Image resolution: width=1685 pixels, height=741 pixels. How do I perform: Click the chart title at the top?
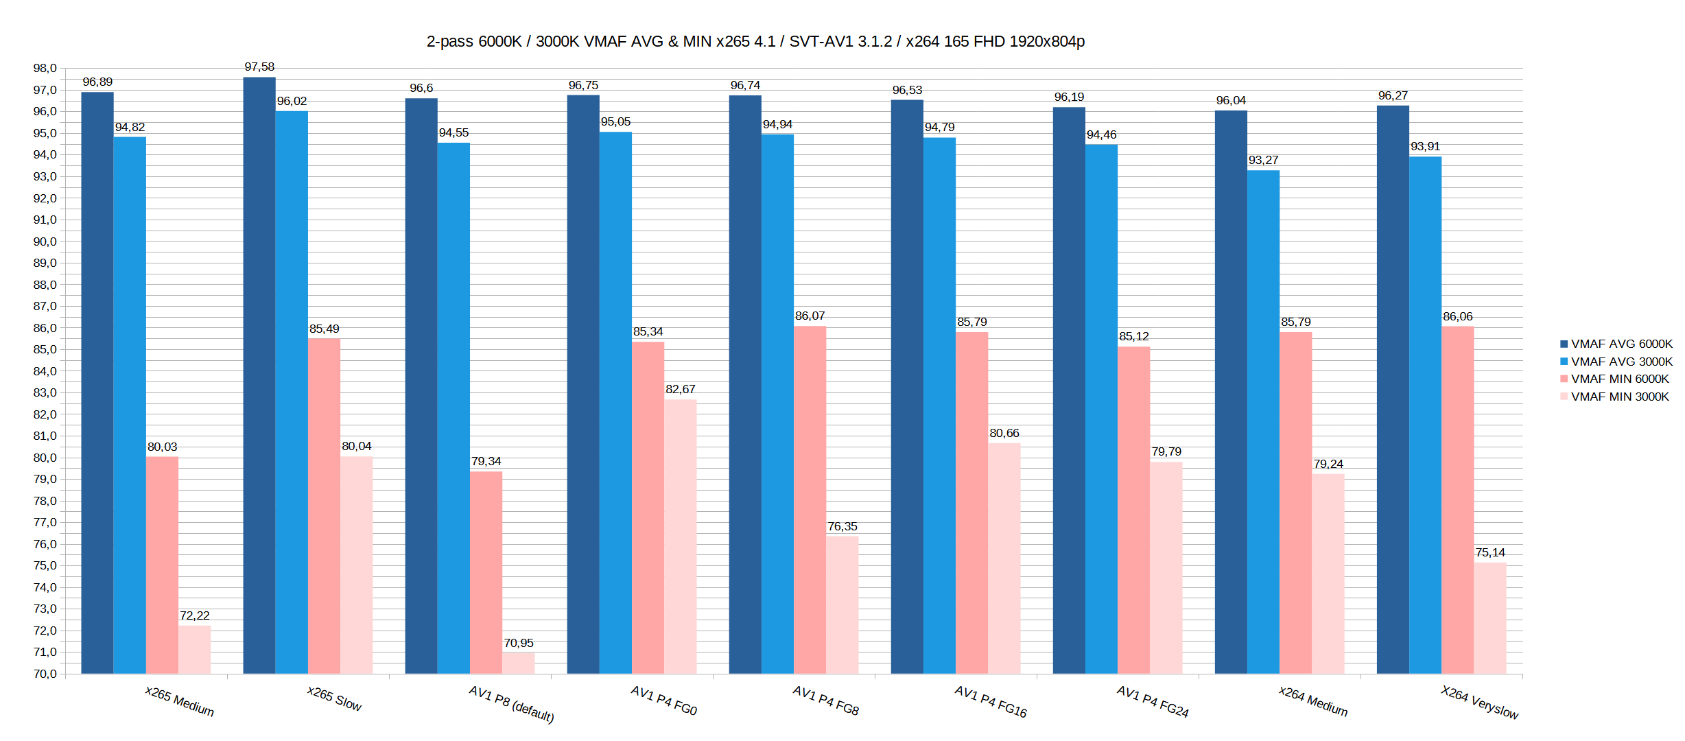(755, 42)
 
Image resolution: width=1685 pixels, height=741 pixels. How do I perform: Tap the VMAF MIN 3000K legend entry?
(1619, 397)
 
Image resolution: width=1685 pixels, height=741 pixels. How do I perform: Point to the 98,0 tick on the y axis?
(45, 68)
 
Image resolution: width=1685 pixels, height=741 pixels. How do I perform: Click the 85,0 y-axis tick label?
(45, 349)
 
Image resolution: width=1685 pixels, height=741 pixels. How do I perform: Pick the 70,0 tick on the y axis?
(45, 674)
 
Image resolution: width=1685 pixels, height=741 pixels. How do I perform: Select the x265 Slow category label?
(334, 698)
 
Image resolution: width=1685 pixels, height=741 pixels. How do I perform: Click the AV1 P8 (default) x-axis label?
(511, 704)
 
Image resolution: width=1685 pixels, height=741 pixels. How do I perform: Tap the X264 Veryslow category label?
(1479, 702)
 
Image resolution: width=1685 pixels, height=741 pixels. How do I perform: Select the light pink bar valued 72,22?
(194, 649)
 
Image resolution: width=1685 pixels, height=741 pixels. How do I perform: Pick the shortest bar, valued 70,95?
(518, 663)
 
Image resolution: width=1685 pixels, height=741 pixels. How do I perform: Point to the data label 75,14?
(1490, 552)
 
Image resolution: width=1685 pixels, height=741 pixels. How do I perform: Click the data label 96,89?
(97, 82)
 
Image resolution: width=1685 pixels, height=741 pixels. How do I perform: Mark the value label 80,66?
(1004, 433)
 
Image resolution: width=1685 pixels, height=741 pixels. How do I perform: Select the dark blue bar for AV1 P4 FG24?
(1069, 390)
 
